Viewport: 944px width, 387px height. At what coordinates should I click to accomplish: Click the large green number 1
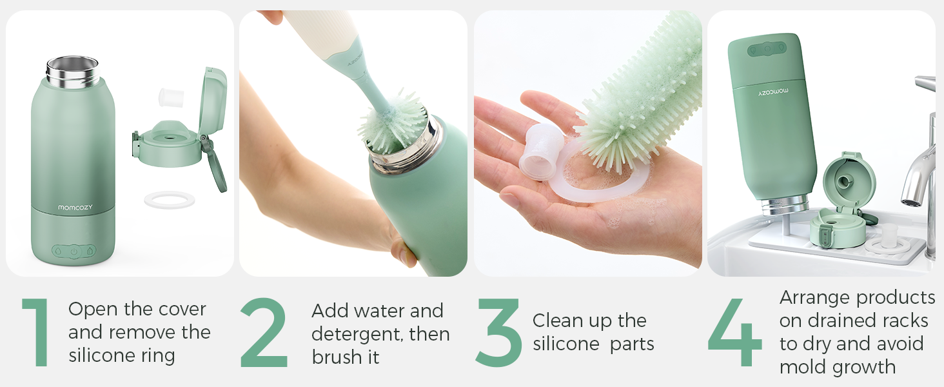pos(37,333)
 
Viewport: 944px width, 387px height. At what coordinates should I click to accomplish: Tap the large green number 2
pos(264,333)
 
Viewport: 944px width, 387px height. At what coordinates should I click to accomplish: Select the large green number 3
pos(498,333)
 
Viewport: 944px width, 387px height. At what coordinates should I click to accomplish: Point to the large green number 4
pos(735,333)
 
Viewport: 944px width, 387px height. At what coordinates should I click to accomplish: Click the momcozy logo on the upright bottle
pos(75,208)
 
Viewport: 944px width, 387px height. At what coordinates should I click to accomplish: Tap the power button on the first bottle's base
pos(74,252)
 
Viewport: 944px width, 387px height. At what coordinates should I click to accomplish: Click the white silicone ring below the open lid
pos(170,200)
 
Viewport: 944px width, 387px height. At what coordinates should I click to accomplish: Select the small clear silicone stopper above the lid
pos(171,97)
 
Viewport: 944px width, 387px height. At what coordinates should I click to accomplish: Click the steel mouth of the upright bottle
pos(73,71)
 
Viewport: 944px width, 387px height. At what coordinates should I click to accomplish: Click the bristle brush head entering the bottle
pos(391,123)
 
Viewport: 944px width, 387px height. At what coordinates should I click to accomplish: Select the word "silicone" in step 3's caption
pos(565,344)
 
